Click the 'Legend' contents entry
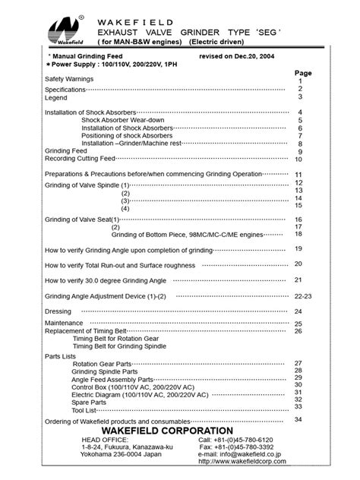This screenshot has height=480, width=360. [x=55, y=97]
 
